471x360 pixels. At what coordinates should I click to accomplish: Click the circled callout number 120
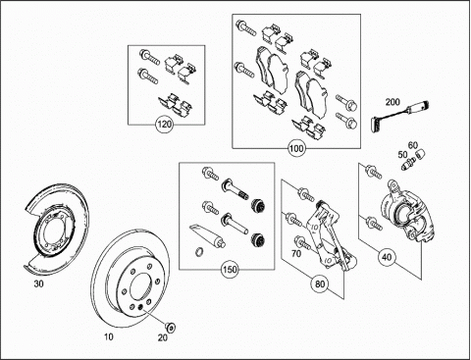(165, 125)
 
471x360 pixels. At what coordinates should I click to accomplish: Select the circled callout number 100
(296, 148)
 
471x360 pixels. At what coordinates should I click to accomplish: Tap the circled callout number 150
(230, 270)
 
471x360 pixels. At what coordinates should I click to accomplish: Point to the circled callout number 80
(320, 283)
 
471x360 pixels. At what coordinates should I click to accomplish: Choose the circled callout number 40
(387, 257)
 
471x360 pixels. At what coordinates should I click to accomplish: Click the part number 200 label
(392, 102)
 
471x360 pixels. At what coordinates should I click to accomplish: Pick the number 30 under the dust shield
(38, 283)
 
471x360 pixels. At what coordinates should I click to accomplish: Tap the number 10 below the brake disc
(108, 336)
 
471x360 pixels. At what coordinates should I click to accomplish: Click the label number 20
(163, 337)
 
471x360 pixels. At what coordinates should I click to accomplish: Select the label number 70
(296, 253)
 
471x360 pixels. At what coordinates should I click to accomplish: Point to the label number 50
(402, 154)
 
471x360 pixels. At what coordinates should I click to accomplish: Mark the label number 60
(413, 145)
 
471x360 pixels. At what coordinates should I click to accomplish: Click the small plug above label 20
(170, 327)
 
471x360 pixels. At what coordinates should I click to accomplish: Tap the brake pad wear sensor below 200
(400, 116)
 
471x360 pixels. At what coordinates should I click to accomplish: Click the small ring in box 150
(199, 252)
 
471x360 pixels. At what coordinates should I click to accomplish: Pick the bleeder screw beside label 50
(408, 163)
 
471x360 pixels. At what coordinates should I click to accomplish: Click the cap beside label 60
(420, 153)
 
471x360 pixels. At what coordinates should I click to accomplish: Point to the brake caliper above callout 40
(406, 210)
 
